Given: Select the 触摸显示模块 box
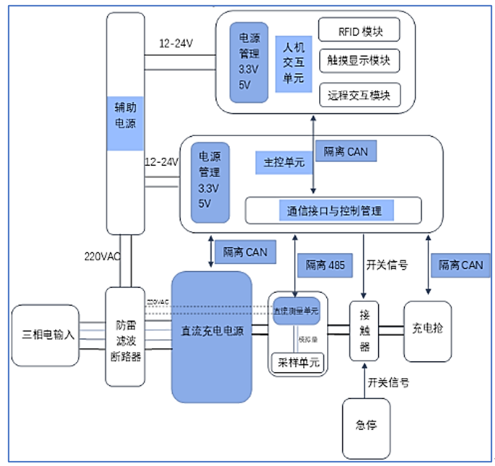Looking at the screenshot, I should [x=359, y=61].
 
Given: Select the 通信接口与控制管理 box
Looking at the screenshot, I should [x=334, y=211].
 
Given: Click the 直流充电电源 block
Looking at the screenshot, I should [x=212, y=332].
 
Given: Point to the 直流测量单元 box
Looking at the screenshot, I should [x=297, y=310].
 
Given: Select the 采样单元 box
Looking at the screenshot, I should [x=296, y=361].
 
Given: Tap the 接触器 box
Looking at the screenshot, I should [x=364, y=330].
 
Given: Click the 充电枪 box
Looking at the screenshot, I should [x=427, y=329].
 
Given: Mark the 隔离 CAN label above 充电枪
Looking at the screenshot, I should [x=460, y=265].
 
